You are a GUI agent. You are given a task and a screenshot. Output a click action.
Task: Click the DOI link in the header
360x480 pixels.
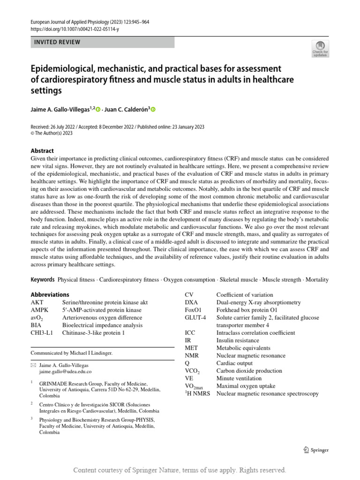75,29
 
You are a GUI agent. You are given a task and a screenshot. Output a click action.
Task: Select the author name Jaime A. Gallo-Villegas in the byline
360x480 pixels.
61,109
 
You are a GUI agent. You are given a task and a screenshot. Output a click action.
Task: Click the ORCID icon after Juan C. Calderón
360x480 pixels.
153,109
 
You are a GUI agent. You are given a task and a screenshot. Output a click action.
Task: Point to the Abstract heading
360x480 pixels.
42,151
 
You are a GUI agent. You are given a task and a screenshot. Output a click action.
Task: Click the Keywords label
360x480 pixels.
43,280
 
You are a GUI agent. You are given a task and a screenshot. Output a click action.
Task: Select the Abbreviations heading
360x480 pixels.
50,294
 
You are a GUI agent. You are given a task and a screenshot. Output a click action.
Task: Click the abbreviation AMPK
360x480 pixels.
40,310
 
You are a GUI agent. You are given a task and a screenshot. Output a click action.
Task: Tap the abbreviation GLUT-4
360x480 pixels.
196,318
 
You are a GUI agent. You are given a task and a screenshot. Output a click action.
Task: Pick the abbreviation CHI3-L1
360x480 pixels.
42,333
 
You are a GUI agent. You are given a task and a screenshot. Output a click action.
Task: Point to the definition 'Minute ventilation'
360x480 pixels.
239,378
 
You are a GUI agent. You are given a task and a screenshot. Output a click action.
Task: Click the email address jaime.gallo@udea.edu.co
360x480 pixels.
65,371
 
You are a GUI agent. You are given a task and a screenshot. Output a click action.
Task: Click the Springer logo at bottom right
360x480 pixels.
316,450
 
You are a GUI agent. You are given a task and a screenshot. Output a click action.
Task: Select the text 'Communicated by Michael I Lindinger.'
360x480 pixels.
72,353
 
